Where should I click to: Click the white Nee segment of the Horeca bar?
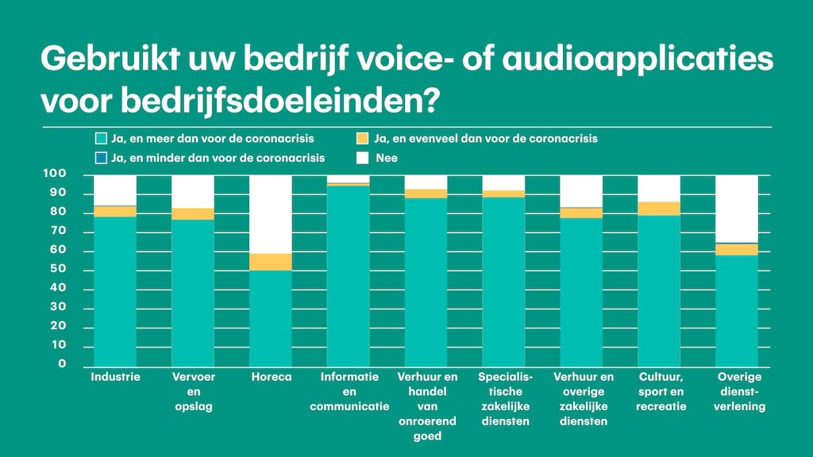click(x=271, y=213)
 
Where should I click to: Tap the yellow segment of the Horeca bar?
click(x=271, y=262)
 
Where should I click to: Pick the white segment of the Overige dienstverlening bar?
click(x=738, y=208)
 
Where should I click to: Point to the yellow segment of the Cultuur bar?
click(x=659, y=209)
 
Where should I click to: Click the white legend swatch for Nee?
click(x=362, y=158)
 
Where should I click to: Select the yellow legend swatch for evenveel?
click(x=362, y=139)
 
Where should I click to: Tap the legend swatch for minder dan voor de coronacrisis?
click(x=100, y=158)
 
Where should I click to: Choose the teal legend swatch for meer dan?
click(x=100, y=139)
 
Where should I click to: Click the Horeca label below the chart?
click(x=271, y=377)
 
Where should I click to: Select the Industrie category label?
click(x=116, y=377)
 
